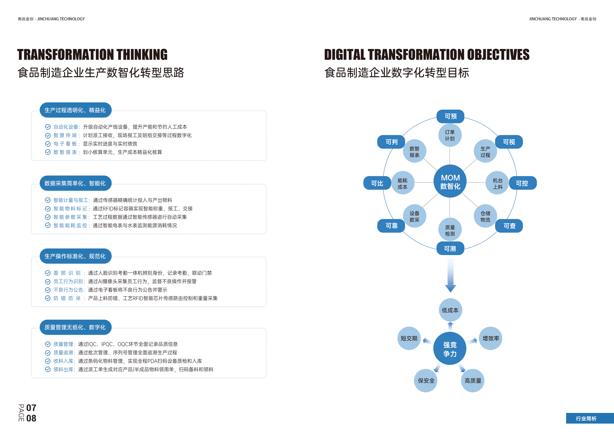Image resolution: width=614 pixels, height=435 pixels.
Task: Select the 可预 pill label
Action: click(x=450, y=116)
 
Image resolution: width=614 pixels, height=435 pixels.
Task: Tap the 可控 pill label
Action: click(x=522, y=183)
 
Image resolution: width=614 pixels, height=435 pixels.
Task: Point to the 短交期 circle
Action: click(x=409, y=338)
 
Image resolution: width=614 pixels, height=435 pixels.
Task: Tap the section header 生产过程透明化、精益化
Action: click(x=75, y=110)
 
